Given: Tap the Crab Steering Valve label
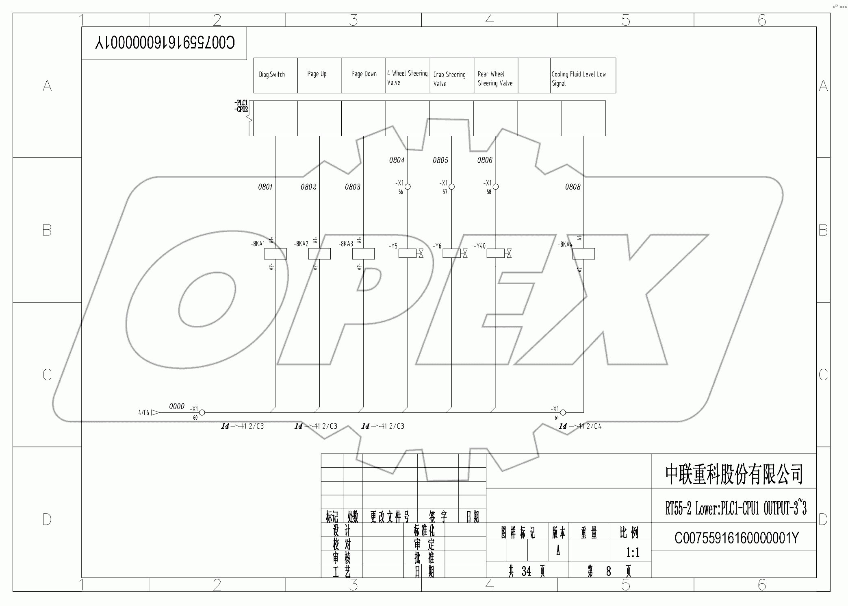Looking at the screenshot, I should pos(449,79).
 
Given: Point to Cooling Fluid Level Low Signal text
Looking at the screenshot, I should pos(578,78).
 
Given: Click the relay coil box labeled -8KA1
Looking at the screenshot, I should pos(275,254).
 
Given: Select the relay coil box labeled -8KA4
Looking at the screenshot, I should pos(583,254).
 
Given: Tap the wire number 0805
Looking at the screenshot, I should pos(440,160).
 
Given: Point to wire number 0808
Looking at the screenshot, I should pos(573,187).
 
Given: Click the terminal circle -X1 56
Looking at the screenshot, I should pos(408,187).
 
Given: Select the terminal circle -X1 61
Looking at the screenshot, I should pos(563,412).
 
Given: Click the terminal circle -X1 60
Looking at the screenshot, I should pos(202,412).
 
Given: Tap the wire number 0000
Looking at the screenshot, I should pos(177,406).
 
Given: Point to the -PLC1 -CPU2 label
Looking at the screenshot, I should pos(241,106).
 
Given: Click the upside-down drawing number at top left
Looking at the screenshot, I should pos(165,43).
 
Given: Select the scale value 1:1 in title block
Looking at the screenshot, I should pos(633,552).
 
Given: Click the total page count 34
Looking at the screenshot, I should pos(526,571).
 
